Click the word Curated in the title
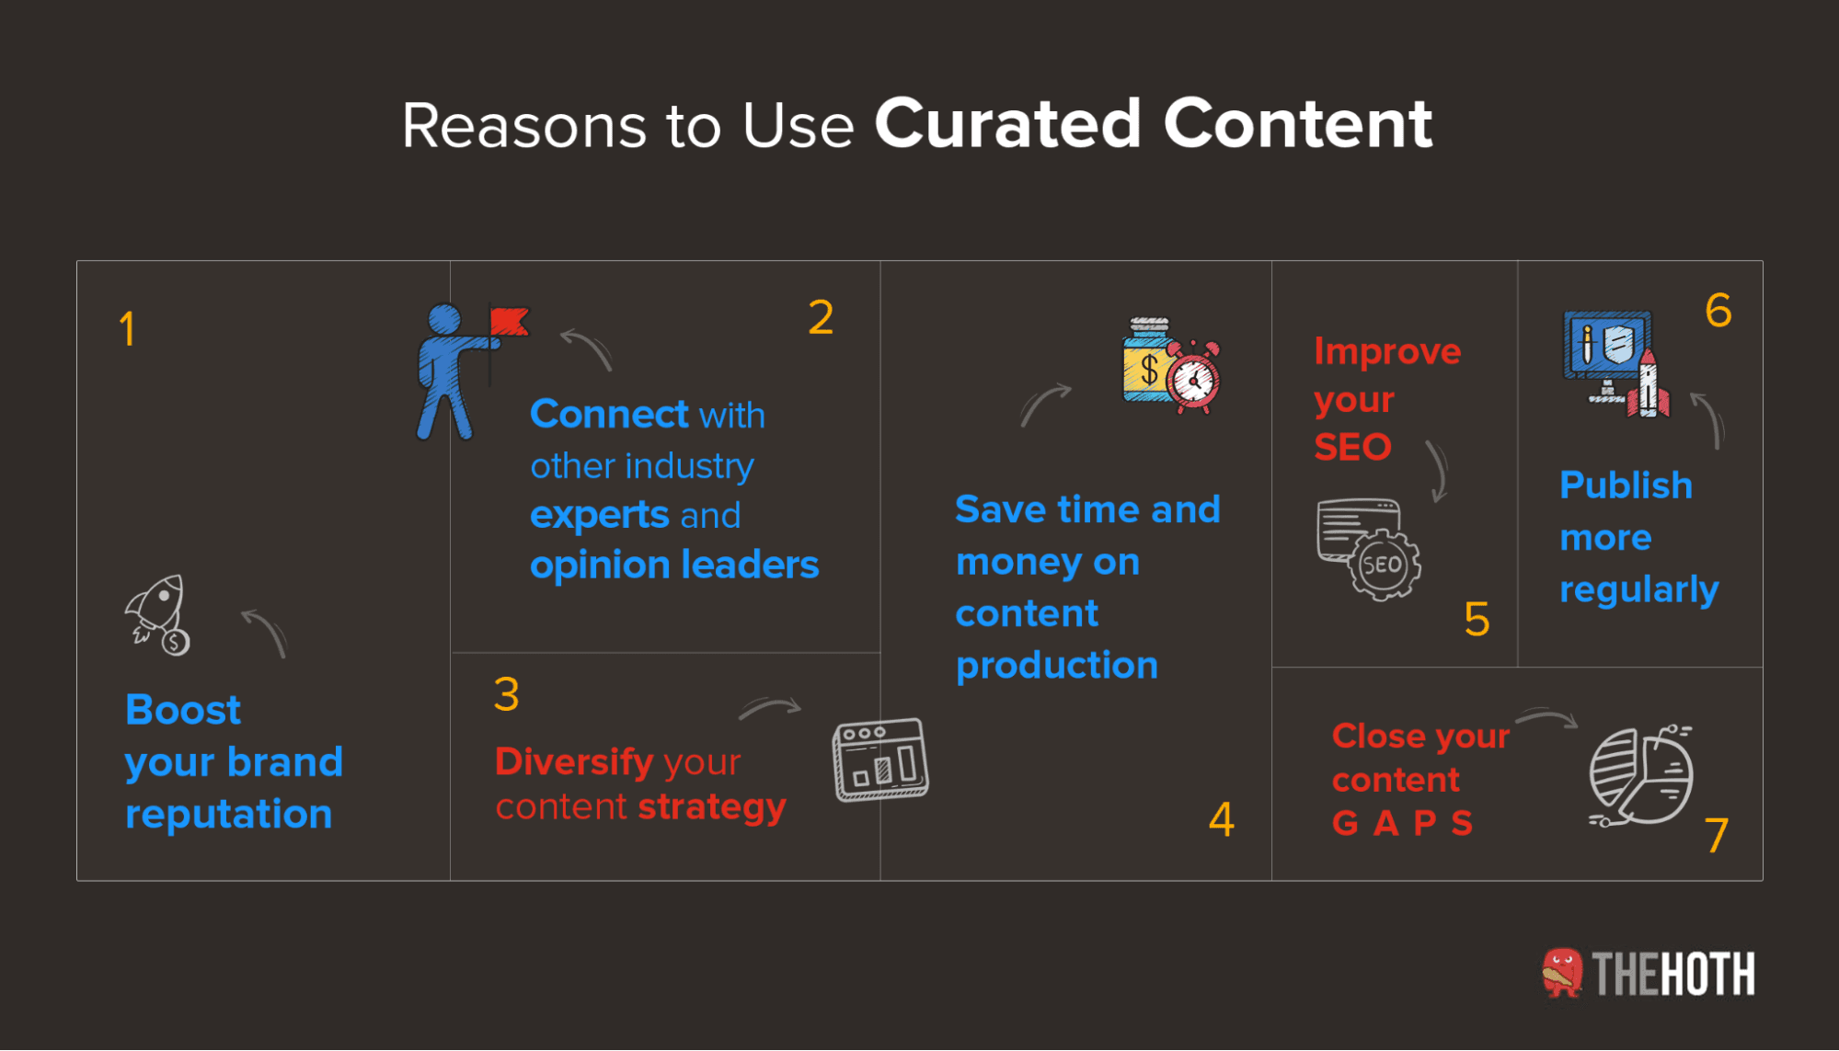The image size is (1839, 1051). (x=1007, y=124)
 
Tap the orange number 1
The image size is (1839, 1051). (x=127, y=329)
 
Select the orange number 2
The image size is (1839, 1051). (x=821, y=318)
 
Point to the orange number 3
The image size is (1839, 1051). (x=506, y=694)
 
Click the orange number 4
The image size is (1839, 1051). (x=1221, y=819)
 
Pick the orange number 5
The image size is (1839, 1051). (x=1477, y=620)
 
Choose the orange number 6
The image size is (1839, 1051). (x=1718, y=311)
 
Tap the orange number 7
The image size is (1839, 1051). (x=1716, y=836)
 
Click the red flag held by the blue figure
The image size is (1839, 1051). (x=509, y=322)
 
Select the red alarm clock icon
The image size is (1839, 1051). (x=1194, y=378)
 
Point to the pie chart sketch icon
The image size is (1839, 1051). (x=1641, y=775)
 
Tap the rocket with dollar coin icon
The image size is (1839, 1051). (x=159, y=614)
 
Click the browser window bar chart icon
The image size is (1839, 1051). (x=880, y=760)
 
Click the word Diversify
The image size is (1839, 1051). (x=574, y=761)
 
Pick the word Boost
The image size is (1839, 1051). (x=183, y=710)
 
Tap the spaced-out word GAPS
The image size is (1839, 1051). (x=1402, y=823)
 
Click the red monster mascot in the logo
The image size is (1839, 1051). (x=1562, y=973)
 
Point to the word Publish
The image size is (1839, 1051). (x=1626, y=486)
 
